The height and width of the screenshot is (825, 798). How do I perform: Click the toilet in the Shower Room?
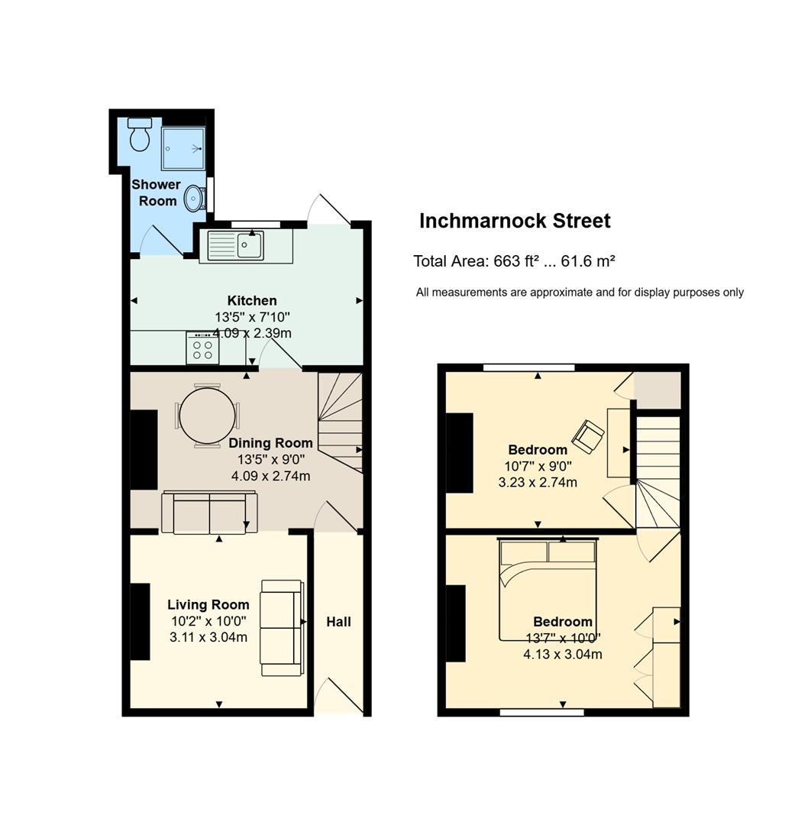pos(140,134)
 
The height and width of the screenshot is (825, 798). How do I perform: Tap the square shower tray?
pos(183,148)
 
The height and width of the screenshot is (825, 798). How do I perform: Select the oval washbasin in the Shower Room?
pos(194,199)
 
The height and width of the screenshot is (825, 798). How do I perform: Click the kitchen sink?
pos(236,246)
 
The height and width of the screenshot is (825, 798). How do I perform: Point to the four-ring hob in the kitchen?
pos(202,348)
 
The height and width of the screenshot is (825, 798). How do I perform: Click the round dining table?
pos(207,416)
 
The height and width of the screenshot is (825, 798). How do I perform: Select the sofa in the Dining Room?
pos(209,513)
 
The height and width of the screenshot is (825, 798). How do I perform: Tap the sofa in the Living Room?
pos(283,628)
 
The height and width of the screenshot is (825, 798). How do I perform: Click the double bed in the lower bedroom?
pos(548,590)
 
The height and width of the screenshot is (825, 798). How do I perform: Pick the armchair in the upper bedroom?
pos(588,436)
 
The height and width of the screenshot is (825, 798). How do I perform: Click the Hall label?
pos(338,622)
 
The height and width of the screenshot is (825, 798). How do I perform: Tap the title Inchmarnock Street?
pos(515,221)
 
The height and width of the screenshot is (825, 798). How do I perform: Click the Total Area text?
pos(514,261)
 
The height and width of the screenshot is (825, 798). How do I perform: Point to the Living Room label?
pos(208,604)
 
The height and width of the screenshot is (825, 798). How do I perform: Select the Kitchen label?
pos(252,300)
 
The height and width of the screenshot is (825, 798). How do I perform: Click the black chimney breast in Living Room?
pos(140,621)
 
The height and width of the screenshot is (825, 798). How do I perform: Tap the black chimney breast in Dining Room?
pos(144,450)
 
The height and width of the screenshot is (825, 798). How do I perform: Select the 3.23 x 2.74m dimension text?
pos(538,482)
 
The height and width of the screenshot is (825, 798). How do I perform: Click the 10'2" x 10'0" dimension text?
pos(208,621)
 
